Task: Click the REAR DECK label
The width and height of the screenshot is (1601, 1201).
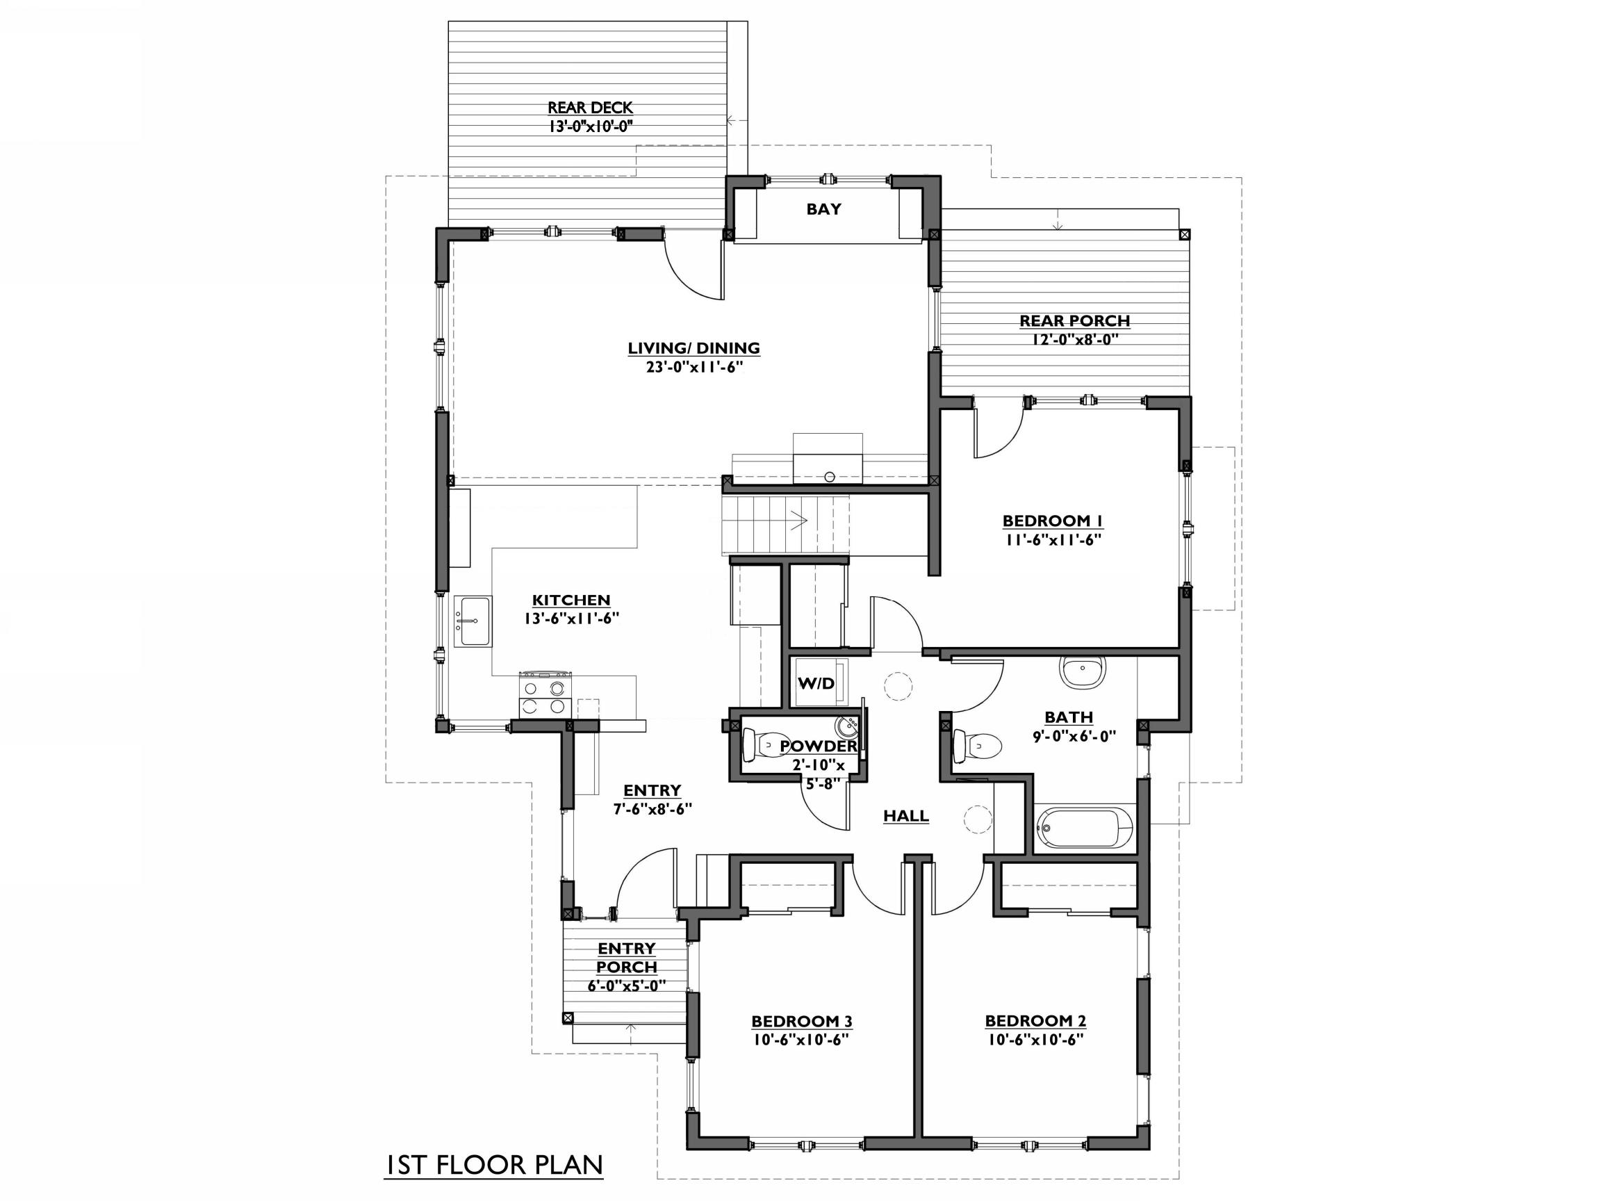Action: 590,108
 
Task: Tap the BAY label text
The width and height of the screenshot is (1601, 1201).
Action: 823,209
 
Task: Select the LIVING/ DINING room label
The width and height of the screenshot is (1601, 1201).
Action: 693,348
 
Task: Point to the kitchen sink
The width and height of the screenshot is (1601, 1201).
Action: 473,621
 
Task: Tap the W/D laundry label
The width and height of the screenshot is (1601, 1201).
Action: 816,683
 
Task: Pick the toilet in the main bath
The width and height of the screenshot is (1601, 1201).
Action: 977,745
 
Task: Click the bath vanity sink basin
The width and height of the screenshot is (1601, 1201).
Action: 1083,672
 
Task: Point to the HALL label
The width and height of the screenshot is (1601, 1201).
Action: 905,816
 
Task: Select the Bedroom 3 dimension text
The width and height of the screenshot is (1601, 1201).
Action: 800,1040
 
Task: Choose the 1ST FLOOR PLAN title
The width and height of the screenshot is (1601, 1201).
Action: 494,1165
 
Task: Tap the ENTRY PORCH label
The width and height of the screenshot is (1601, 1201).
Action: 627,957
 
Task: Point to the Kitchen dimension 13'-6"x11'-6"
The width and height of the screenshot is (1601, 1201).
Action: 572,619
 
